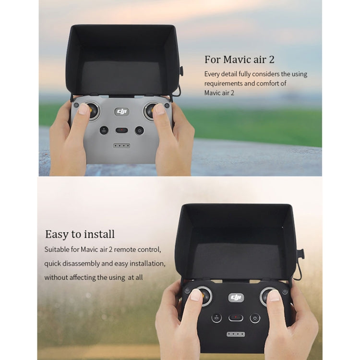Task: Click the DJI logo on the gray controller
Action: [x=122, y=112]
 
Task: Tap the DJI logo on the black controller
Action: [x=236, y=298]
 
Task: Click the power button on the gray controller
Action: [x=139, y=131]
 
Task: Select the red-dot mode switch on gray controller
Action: [x=122, y=131]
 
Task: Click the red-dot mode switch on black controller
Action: [x=236, y=318]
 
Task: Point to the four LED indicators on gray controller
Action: [x=122, y=146]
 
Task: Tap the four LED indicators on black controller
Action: [x=236, y=334]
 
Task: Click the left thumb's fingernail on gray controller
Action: [x=84, y=109]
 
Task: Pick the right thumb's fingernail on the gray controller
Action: [x=159, y=109]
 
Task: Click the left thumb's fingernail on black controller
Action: [x=196, y=295]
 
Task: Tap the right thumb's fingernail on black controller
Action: [x=274, y=296]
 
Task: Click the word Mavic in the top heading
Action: [x=237, y=60]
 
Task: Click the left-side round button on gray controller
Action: [x=104, y=131]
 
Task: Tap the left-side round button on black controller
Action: [x=216, y=318]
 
